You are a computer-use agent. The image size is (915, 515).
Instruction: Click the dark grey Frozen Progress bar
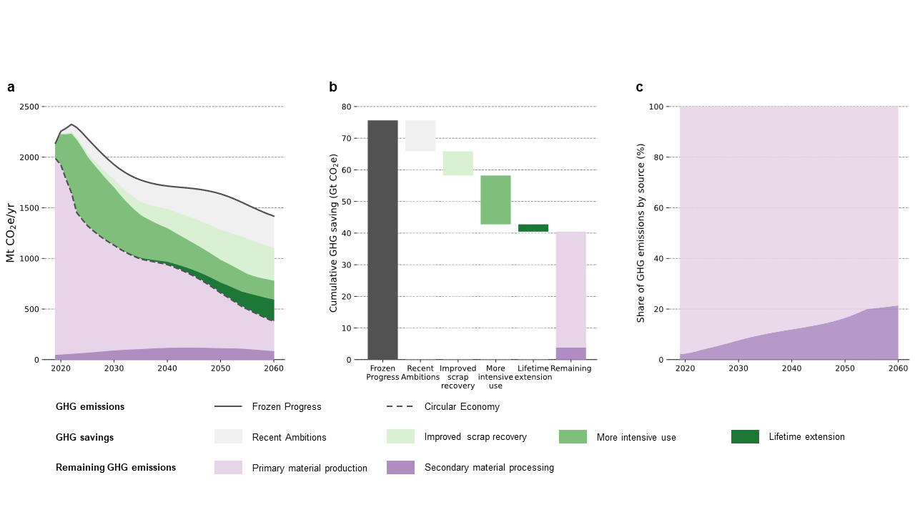382,240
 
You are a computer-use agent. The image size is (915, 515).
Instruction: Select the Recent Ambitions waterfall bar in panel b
420,136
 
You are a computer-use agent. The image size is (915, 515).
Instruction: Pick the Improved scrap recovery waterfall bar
458,163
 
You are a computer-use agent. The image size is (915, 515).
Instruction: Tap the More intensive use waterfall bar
495,200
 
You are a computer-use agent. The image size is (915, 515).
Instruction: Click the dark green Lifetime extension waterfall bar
533,228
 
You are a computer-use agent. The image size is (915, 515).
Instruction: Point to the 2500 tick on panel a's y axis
29,107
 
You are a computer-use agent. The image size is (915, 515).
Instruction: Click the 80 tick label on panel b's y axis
347,107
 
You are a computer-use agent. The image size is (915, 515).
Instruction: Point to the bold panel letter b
333,87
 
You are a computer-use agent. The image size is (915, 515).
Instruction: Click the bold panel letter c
639,87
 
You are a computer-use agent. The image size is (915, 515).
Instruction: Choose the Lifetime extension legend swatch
745,436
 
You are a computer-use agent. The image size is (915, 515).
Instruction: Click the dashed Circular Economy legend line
400,406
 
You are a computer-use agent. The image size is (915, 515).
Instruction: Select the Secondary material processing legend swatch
400,467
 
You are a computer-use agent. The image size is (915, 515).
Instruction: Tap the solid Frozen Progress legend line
228,406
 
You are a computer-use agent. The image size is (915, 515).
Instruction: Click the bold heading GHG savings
84,437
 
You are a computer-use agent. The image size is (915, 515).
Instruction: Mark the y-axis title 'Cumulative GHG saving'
334,233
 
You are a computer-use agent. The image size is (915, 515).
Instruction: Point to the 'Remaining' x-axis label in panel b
571,369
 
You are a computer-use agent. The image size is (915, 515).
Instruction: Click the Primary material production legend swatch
228,467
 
